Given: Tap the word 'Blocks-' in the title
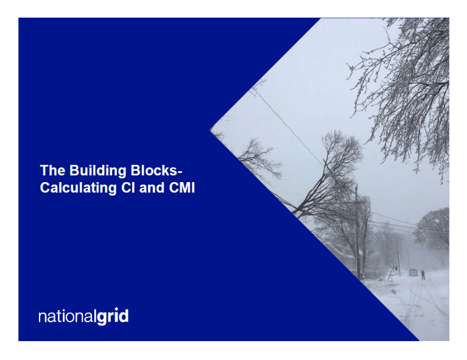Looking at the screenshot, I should click(x=158, y=171).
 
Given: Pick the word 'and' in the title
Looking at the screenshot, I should click(x=147, y=188).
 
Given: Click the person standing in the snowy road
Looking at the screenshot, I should click(x=423, y=275).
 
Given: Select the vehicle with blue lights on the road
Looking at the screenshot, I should click(x=413, y=272).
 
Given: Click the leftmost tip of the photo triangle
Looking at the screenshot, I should click(x=211, y=129).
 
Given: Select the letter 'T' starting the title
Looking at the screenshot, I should click(x=44, y=171).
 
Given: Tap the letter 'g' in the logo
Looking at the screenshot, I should click(x=100, y=319).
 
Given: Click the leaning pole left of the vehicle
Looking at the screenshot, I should click(x=397, y=256).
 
